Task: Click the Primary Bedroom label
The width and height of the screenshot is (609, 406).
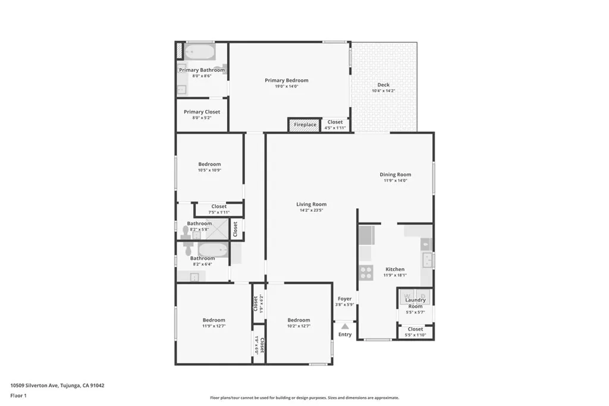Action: pos(287,80)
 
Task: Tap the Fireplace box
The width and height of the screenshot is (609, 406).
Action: pos(304,125)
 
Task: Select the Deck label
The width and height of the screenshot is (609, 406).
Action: pos(384,85)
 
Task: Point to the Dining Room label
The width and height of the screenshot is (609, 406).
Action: pos(395,175)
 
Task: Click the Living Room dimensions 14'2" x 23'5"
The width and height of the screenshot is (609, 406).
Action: pos(312,210)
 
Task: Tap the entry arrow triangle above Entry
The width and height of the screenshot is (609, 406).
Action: pos(345,326)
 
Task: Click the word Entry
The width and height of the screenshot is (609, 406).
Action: pos(345,335)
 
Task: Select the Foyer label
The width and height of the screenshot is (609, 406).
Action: pos(344,299)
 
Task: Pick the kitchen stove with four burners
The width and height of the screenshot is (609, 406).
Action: pos(365,273)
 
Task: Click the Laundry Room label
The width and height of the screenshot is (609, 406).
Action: pos(415,303)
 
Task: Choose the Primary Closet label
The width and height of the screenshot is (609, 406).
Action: pos(202,112)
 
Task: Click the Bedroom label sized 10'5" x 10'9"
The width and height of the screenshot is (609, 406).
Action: pos(209,164)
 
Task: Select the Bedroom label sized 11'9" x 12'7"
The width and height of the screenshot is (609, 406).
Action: pos(214,320)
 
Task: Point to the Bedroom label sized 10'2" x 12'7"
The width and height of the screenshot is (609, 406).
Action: pos(299,320)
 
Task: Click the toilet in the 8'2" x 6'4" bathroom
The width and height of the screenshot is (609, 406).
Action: pos(186,243)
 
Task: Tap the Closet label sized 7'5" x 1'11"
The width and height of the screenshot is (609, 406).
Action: pos(218,206)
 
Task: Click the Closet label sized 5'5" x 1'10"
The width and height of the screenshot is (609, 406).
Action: pos(415,329)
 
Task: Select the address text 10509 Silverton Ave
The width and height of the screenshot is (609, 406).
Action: pos(34,385)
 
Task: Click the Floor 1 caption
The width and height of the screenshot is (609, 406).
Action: pos(18,395)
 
